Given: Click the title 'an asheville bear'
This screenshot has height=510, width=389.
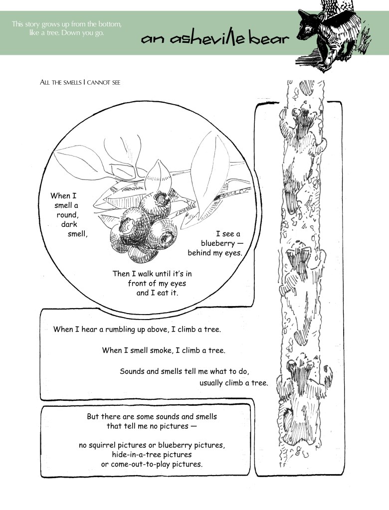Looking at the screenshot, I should (214, 39).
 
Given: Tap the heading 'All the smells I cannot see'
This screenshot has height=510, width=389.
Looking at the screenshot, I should (80, 82).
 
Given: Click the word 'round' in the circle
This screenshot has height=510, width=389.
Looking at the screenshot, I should (66, 215).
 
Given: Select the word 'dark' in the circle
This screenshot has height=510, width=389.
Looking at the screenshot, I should (69, 225).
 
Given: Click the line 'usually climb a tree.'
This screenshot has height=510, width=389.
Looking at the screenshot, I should (233, 383).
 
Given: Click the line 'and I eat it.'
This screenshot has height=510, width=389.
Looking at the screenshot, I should (157, 293).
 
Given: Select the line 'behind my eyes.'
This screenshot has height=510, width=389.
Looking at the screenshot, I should (214, 253).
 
